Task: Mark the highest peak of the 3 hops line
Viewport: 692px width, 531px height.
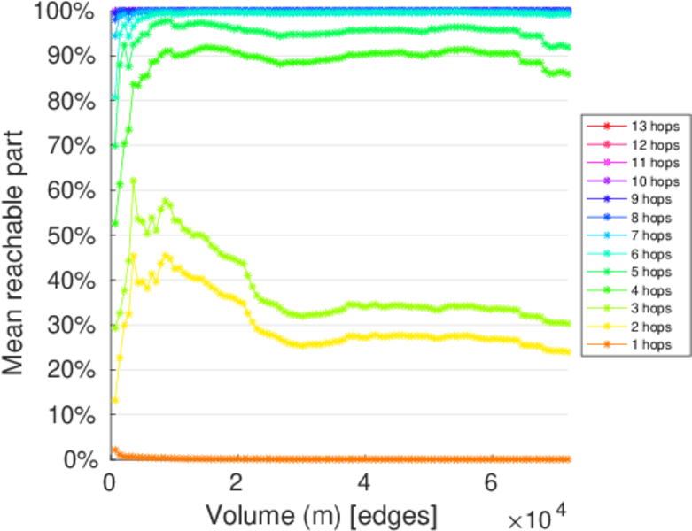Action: tap(133, 181)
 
